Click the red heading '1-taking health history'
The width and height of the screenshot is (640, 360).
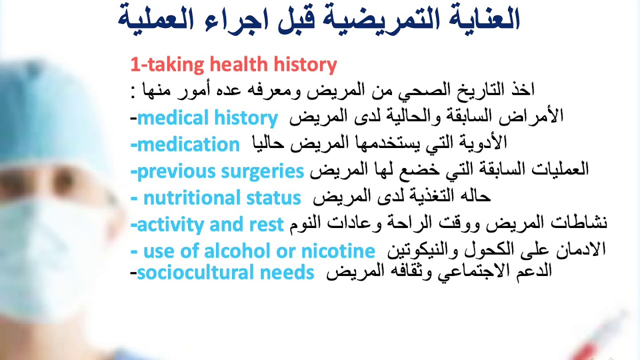(x=233, y=65)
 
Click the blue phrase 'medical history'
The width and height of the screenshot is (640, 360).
(x=207, y=118)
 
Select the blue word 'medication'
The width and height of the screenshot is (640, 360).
(x=188, y=145)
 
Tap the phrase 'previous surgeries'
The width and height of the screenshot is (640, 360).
(x=220, y=171)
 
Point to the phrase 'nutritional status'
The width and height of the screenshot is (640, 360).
(x=222, y=198)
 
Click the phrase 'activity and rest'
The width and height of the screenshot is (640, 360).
(x=210, y=224)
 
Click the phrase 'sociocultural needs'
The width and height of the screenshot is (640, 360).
(x=225, y=273)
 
